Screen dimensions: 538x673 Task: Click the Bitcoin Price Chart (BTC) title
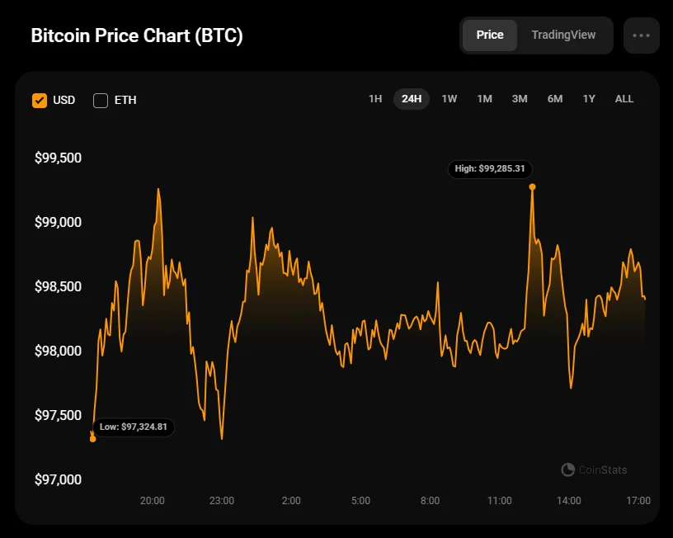point(137,36)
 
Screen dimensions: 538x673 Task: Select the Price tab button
point(490,35)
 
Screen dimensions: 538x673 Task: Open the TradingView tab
point(563,35)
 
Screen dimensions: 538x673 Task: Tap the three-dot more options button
point(642,35)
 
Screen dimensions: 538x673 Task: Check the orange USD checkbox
point(40,101)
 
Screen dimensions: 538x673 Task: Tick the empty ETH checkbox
point(101,101)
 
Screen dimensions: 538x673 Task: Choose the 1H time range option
point(375,99)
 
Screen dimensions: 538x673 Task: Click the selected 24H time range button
point(412,99)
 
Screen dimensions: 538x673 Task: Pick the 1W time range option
point(449,99)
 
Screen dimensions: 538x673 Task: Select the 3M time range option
point(520,99)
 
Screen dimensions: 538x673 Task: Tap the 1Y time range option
point(589,99)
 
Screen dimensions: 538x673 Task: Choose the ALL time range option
point(624,99)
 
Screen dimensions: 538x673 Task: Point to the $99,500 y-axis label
point(58,158)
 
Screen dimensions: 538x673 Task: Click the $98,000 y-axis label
point(58,351)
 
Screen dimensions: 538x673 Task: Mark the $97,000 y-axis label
point(58,479)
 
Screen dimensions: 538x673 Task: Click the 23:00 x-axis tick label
point(222,501)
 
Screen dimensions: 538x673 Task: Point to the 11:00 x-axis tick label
point(500,501)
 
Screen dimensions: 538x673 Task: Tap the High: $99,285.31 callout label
point(491,169)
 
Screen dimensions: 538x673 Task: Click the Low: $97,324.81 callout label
point(134,427)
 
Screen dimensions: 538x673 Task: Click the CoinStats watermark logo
point(594,470)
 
